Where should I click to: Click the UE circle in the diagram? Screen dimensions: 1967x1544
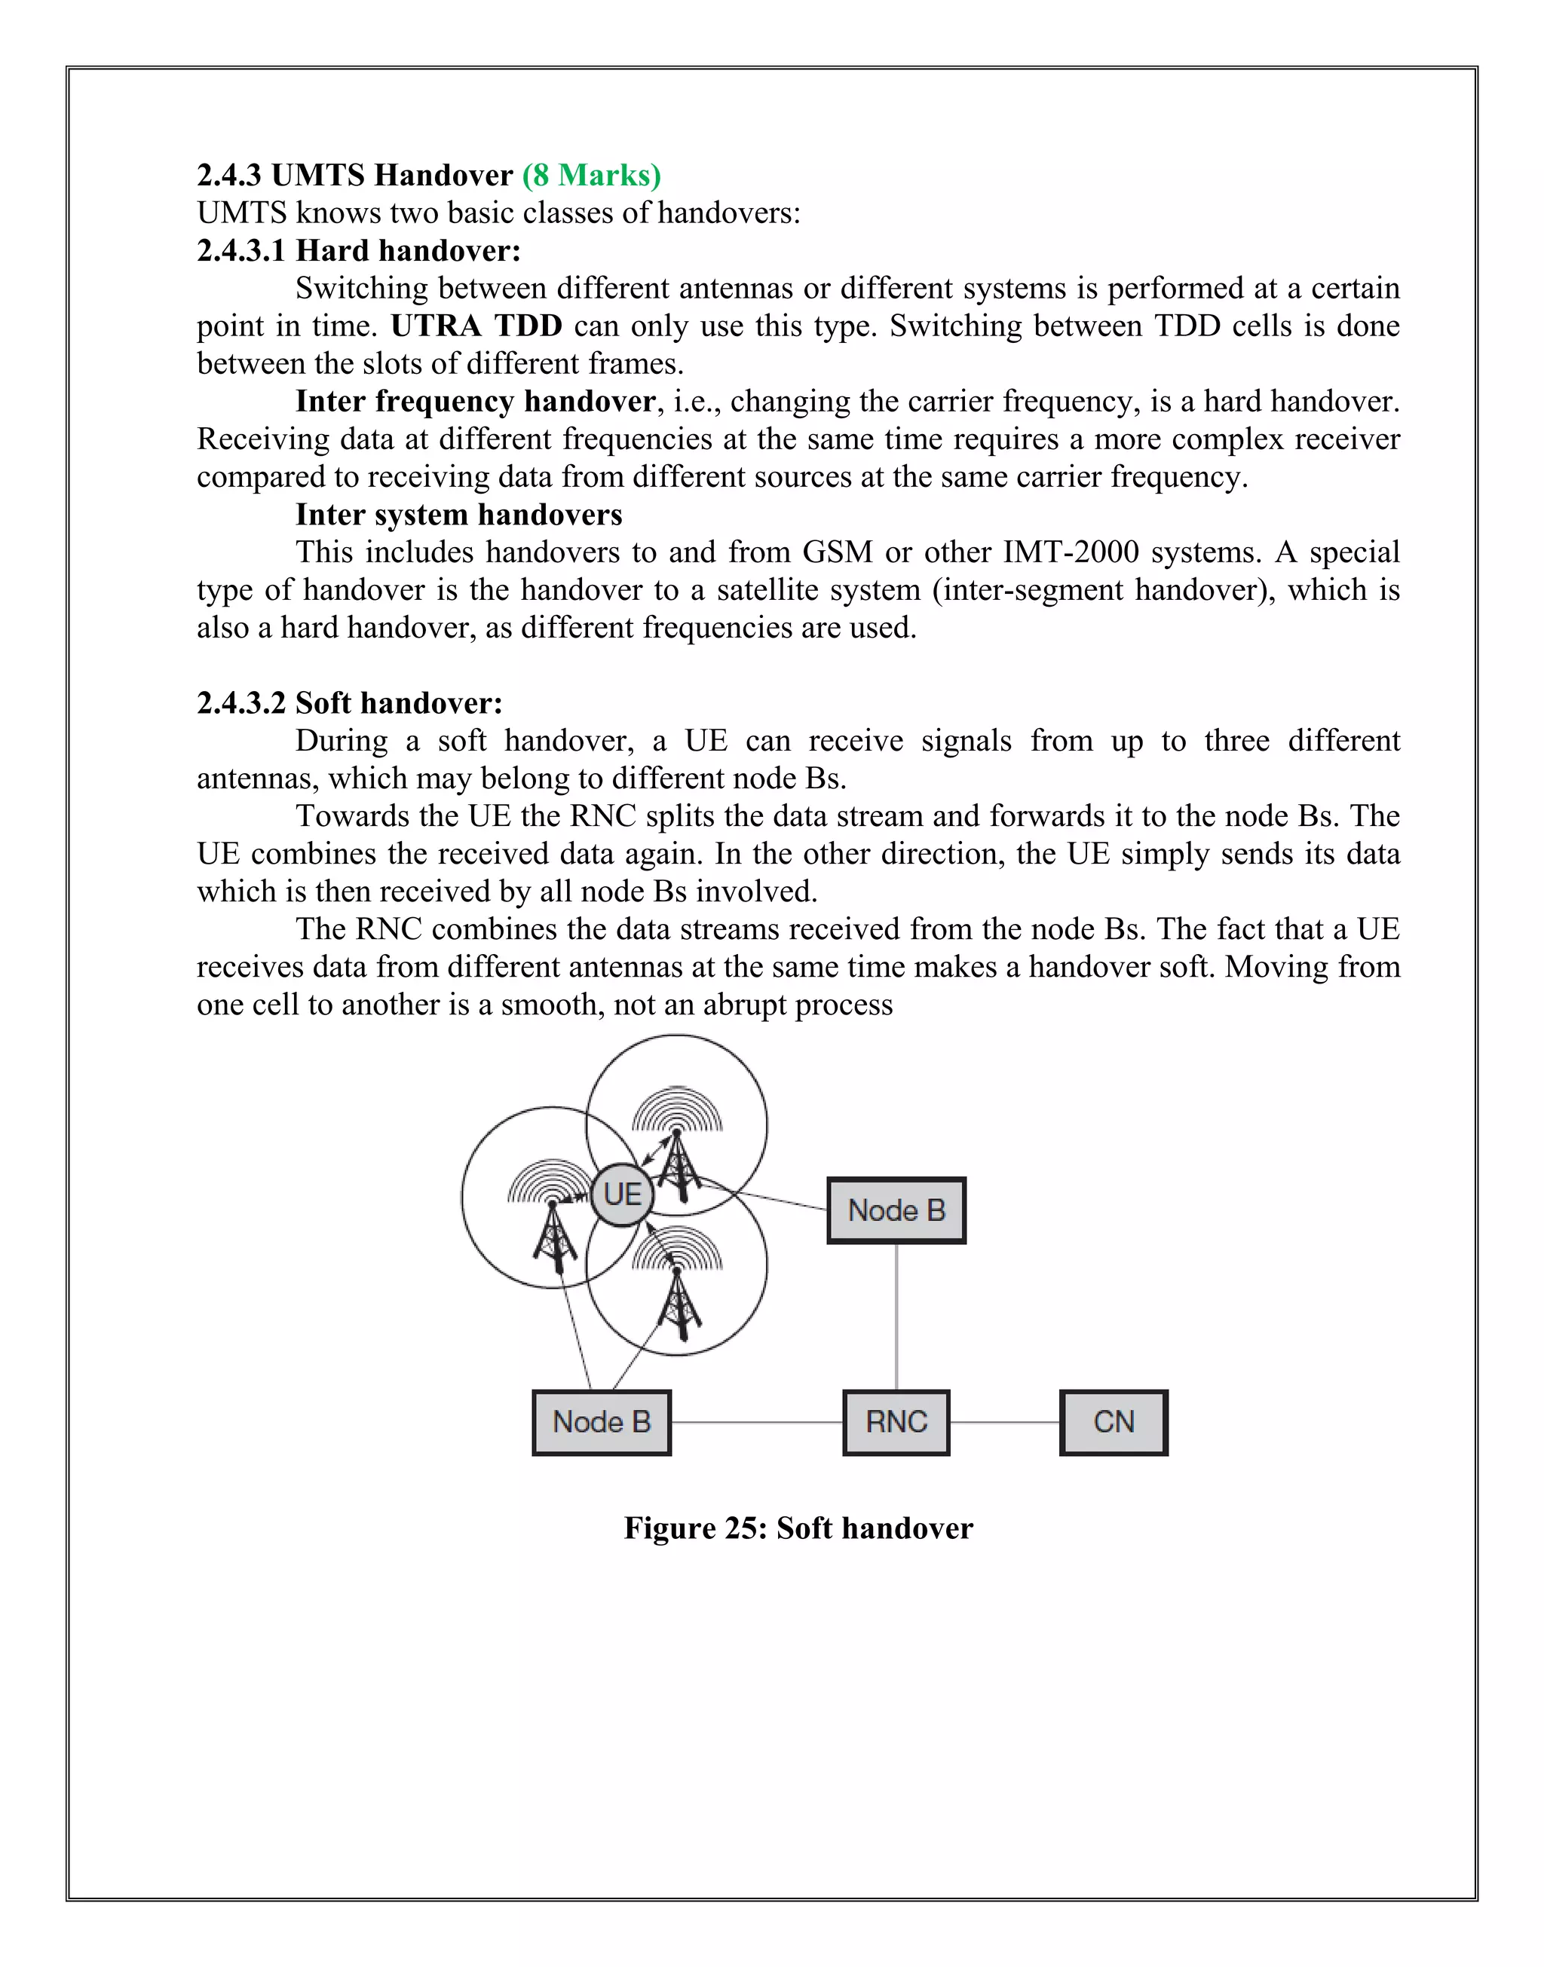tap(622, 1195)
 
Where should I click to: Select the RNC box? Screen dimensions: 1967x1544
tap(896, 1422)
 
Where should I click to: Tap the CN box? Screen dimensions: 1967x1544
tap(1113, 1422)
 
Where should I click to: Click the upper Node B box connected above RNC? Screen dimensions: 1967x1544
tap(896, 1210)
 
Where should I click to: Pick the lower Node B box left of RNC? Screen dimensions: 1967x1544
tap(601, 1422)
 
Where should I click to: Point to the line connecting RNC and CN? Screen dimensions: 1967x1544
tap(1004, 1422)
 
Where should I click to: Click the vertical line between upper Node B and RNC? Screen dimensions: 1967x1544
tap(896, 1317)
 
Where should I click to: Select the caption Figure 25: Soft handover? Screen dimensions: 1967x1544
tap(798, 1528)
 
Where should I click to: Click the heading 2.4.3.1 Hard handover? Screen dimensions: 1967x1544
tap(359, 250)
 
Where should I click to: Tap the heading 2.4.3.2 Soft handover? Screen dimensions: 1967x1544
tap(350, 702)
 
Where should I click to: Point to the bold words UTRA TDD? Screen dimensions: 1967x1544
tap(476, 326)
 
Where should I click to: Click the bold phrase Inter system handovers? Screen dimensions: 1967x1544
tap(458, 514)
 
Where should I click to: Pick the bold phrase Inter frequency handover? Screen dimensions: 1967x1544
tap(476, 400)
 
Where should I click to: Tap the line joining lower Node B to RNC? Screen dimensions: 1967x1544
tap(757, 1422)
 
